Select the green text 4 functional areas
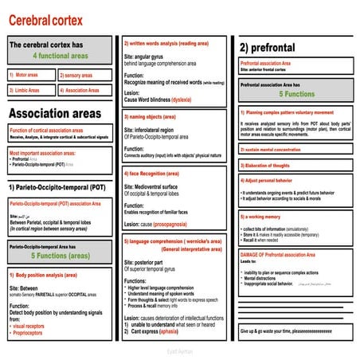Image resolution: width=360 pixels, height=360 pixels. click(x=59, y=57)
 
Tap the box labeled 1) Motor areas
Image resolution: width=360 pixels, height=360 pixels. click(x=30, y=75)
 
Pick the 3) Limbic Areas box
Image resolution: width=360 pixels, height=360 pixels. click(x=30, y=90)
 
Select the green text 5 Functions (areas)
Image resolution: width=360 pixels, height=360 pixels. click(x=60, y=257)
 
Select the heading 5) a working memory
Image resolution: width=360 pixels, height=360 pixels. click(x=264, y=217)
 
